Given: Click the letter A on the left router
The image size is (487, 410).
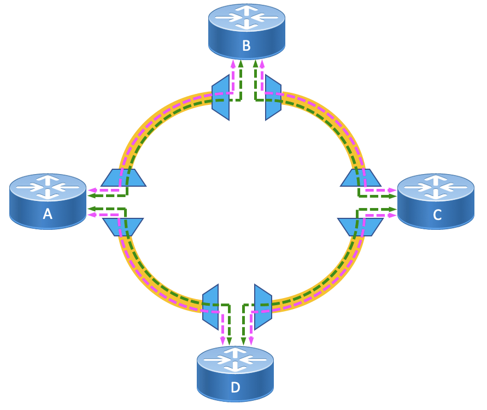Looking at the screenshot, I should [48, 214].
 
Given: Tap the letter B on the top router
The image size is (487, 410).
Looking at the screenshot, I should [246, 45].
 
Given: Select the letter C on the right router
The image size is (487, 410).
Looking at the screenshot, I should [437, 215].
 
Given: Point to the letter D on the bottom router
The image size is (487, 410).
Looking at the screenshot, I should [235, 387].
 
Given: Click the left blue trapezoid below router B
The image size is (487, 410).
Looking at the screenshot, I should [221, 97].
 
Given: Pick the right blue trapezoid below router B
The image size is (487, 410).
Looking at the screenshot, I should [273, 97].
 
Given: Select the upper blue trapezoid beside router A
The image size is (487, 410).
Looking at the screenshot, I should [124, 178].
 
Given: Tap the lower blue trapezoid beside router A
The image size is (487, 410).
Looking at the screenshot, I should [123, 227].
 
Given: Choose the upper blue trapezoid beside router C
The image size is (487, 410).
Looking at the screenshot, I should [361, 178].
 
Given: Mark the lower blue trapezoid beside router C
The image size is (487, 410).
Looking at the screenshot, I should [360, 227].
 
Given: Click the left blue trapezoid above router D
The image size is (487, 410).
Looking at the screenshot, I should [211, 307].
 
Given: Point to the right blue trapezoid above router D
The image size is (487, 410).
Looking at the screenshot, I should [263, 307].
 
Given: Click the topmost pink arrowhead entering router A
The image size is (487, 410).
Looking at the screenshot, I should [91, 191].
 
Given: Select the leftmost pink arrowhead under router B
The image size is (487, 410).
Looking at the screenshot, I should [233, 63].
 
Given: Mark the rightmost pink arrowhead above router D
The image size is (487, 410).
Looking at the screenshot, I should [251, 342].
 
